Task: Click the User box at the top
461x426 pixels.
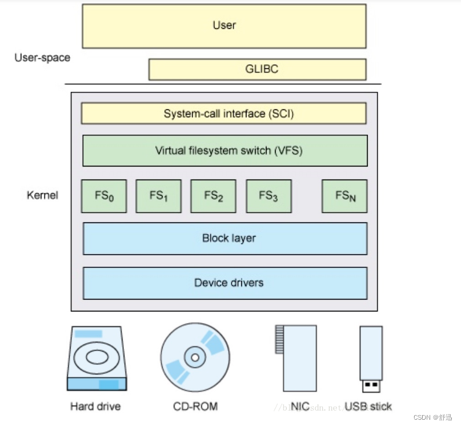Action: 224,26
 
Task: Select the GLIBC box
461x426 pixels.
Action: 257,70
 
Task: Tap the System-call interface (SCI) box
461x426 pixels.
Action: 224,114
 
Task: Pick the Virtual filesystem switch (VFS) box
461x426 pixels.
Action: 225,151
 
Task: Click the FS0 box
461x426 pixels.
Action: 104,196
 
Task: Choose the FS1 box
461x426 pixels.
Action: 158,196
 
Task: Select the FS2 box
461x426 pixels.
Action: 213,196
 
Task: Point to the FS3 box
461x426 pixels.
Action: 268,196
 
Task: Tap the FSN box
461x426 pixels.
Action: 344,196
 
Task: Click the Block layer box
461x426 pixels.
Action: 225,238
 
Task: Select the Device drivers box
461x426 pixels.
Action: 225,283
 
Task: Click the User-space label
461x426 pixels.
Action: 42,57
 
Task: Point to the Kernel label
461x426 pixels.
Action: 42,195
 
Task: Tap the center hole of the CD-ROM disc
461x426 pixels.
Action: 195,357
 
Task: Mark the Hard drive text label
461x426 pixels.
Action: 95,407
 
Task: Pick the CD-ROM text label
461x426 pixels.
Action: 195,407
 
